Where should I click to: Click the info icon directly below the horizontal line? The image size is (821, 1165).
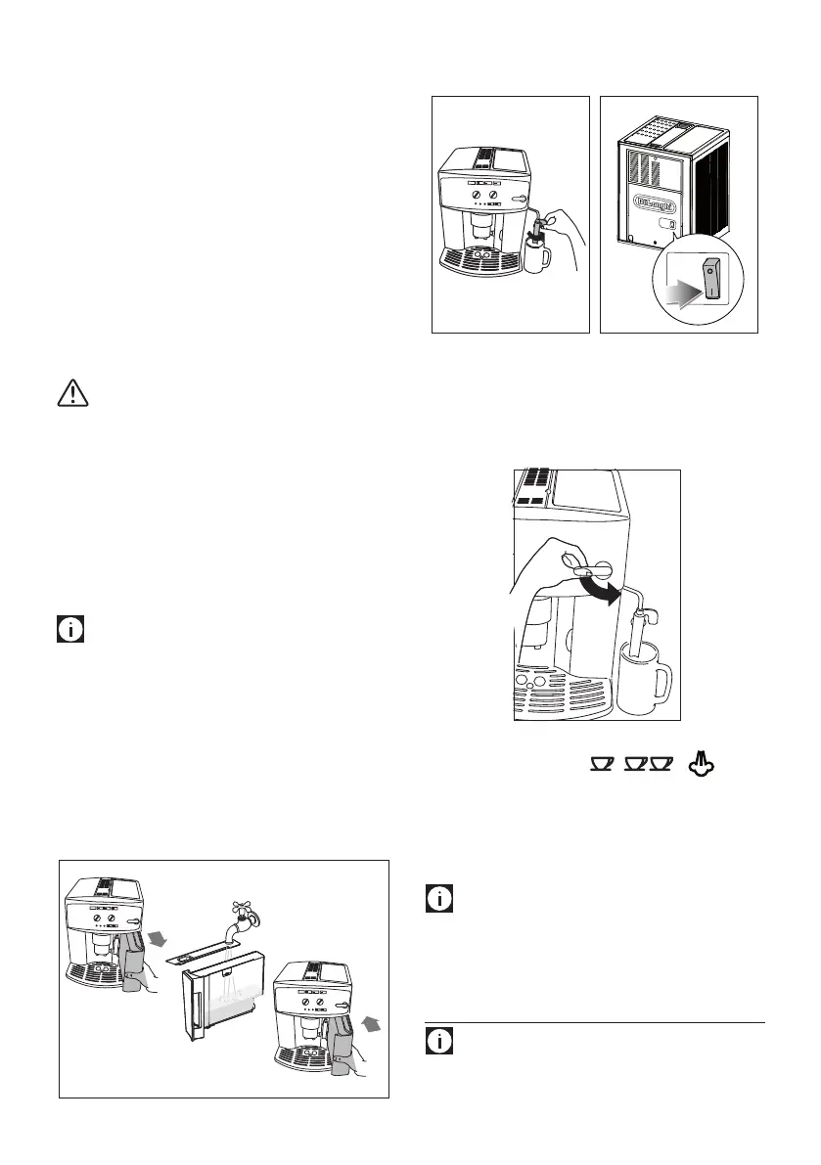tap(440, 1042)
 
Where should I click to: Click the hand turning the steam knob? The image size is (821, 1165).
tap(543, 582)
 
